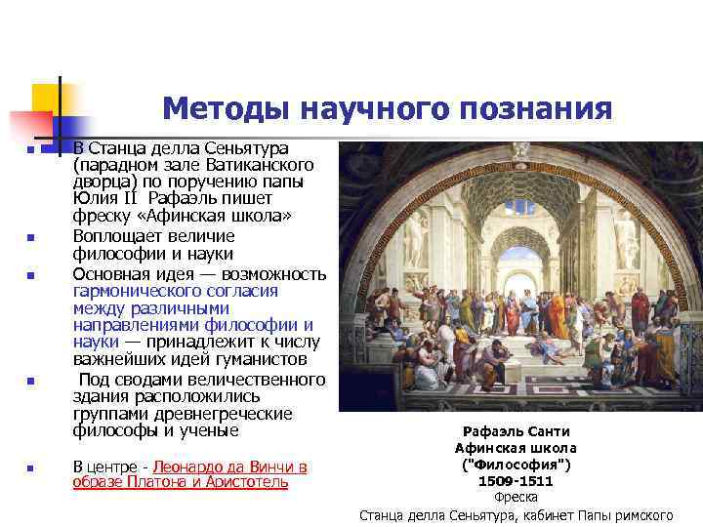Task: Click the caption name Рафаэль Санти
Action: (x=516, y=430)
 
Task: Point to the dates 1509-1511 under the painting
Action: (x=516, y=481)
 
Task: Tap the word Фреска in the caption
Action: (x=516, y=498)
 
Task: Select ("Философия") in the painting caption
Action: (x=516, y=465)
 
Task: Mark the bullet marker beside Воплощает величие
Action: (x=31, y=237)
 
